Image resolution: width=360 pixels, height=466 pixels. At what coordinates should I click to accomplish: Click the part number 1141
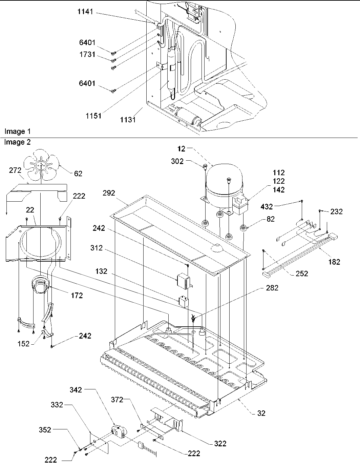click(85, 13)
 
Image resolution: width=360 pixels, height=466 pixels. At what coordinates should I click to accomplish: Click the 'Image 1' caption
click(15, 131)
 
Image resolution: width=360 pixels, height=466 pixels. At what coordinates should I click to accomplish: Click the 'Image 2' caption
click(17, 142)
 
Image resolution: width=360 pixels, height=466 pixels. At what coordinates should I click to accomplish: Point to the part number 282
click(272, 288)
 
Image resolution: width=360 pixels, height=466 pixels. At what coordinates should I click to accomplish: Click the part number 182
click(334, 261)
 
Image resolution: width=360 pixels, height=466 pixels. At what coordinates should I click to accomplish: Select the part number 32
click(261, 413)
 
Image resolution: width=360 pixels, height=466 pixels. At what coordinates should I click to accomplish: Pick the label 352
click(45, 429)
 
